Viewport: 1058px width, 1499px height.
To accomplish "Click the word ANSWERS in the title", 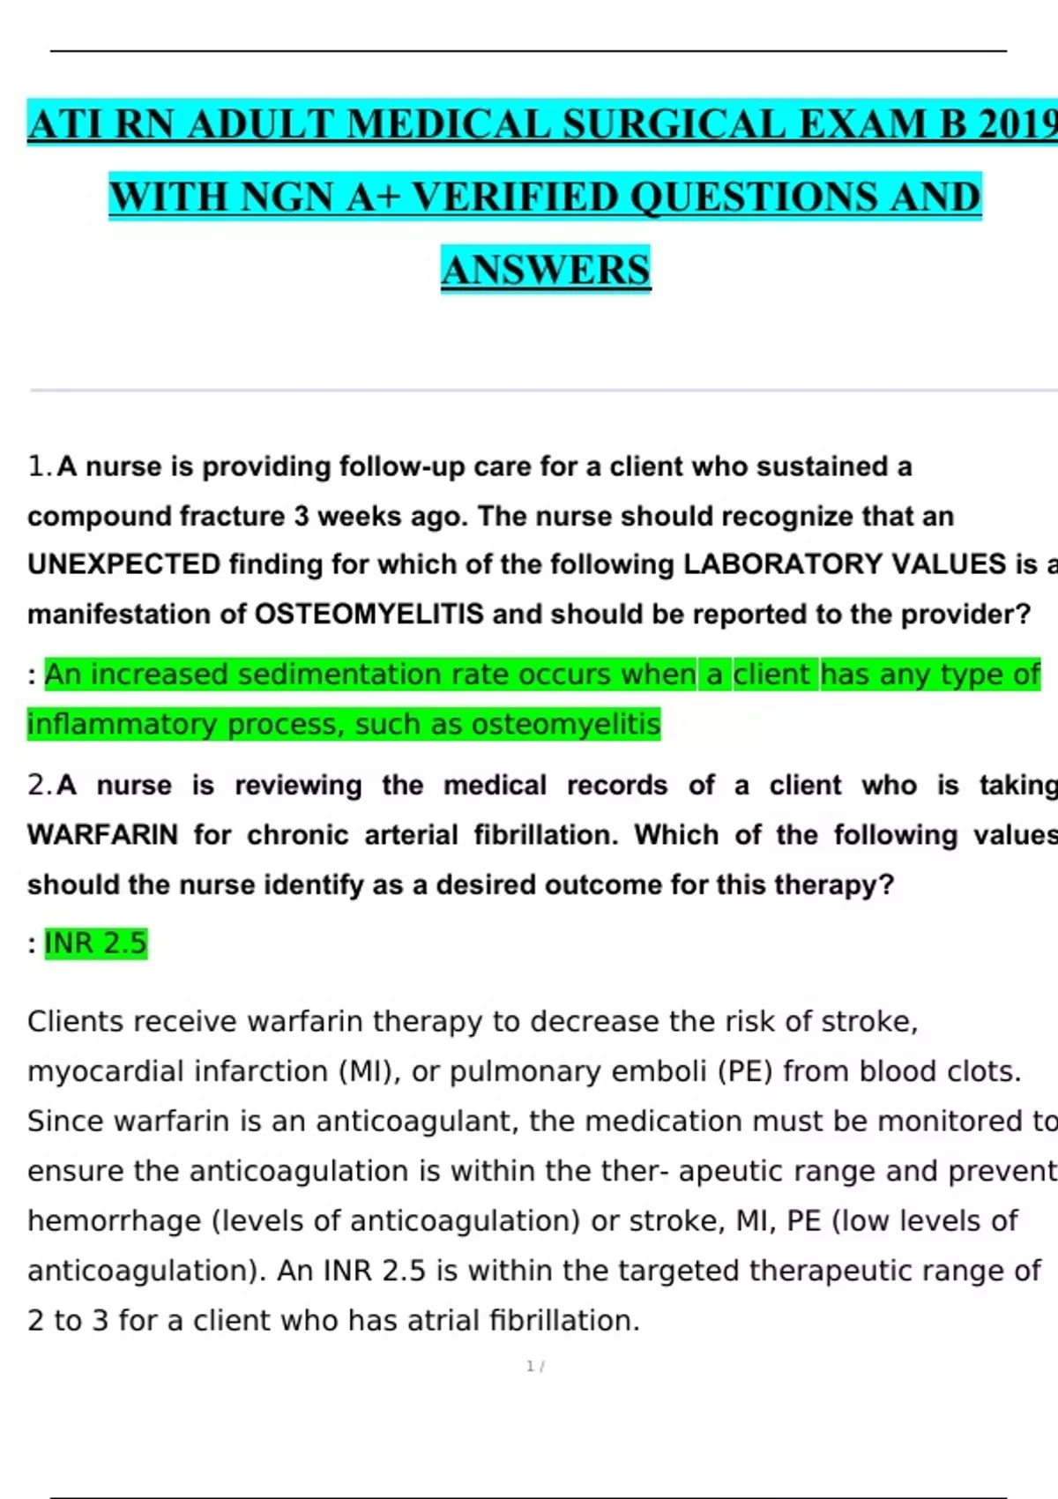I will pos(546,270).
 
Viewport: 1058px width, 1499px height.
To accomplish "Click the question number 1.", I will pos(39,466).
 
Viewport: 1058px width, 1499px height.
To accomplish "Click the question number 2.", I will pos(39,785).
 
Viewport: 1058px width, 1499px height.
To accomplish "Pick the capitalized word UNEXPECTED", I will pos(123,564).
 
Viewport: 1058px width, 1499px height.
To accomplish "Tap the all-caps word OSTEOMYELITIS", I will pos(369,614).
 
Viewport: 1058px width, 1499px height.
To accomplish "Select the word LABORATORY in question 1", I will pos(783,564).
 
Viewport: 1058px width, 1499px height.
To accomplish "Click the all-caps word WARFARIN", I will pos(102,835).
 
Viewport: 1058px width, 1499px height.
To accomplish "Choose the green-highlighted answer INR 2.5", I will pos(95,943).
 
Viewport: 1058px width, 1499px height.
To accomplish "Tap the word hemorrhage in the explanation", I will pos(115,1221).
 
